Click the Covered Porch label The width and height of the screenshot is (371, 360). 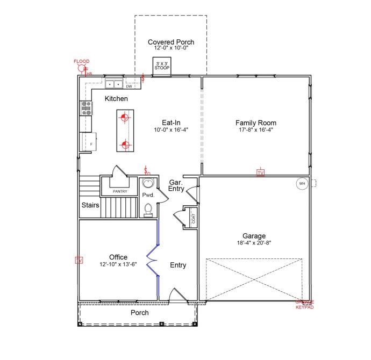tap(170, 42)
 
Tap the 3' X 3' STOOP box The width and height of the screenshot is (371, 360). tap(161, 67)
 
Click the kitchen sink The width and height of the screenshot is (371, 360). tap(114, 84)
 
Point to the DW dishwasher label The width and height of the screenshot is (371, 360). tap(129, 86)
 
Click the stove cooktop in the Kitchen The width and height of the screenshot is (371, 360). tap(86, 109)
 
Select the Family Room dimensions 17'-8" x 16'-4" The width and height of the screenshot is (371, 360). tap(255, 129)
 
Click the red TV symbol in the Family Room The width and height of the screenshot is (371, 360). tap(260, 173)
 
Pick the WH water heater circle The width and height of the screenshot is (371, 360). tap(302, 184)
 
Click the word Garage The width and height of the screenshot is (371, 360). tap(254, 236)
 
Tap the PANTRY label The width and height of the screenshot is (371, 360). tap(119, 191)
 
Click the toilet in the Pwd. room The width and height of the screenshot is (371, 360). tap(148, 210)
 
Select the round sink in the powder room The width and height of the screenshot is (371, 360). tap(148, 184)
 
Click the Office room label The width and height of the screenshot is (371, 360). tap(118, 257)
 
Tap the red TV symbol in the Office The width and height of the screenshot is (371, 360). tap(79, 261)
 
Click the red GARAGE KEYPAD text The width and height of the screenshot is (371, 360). tap(304, 305)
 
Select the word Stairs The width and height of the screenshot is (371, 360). tap(90, 205)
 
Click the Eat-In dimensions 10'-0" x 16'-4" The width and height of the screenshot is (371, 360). tap(171, 129)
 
